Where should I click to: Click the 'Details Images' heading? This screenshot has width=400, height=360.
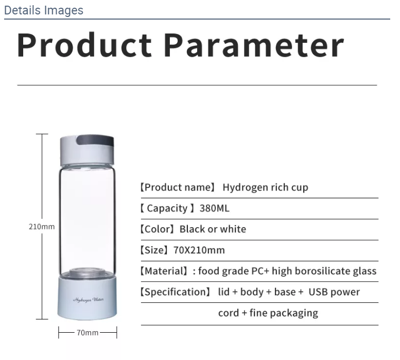click(x=44, y=10)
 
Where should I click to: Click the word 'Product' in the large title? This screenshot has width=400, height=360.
click(x=84, y=45)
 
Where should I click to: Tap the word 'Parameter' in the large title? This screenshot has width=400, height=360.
click(x=254, y=45)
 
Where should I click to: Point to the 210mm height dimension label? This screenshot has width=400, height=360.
click(x=42, y=227)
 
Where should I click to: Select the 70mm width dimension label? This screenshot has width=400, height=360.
click(x=88, y=333)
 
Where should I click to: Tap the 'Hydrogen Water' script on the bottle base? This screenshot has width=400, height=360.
click(x=88, y=300)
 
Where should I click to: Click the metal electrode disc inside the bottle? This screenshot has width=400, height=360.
click(x=87, y=272)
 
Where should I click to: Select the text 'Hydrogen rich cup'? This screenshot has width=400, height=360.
click(x=265, y=187)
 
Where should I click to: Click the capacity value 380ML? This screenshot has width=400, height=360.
click(x=214, y=208)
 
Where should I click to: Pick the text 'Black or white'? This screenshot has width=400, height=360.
click(x=213, y=229)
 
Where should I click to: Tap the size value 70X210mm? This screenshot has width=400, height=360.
click(x=199, y=250)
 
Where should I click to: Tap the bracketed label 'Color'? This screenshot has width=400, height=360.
click(x=158, y=229)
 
